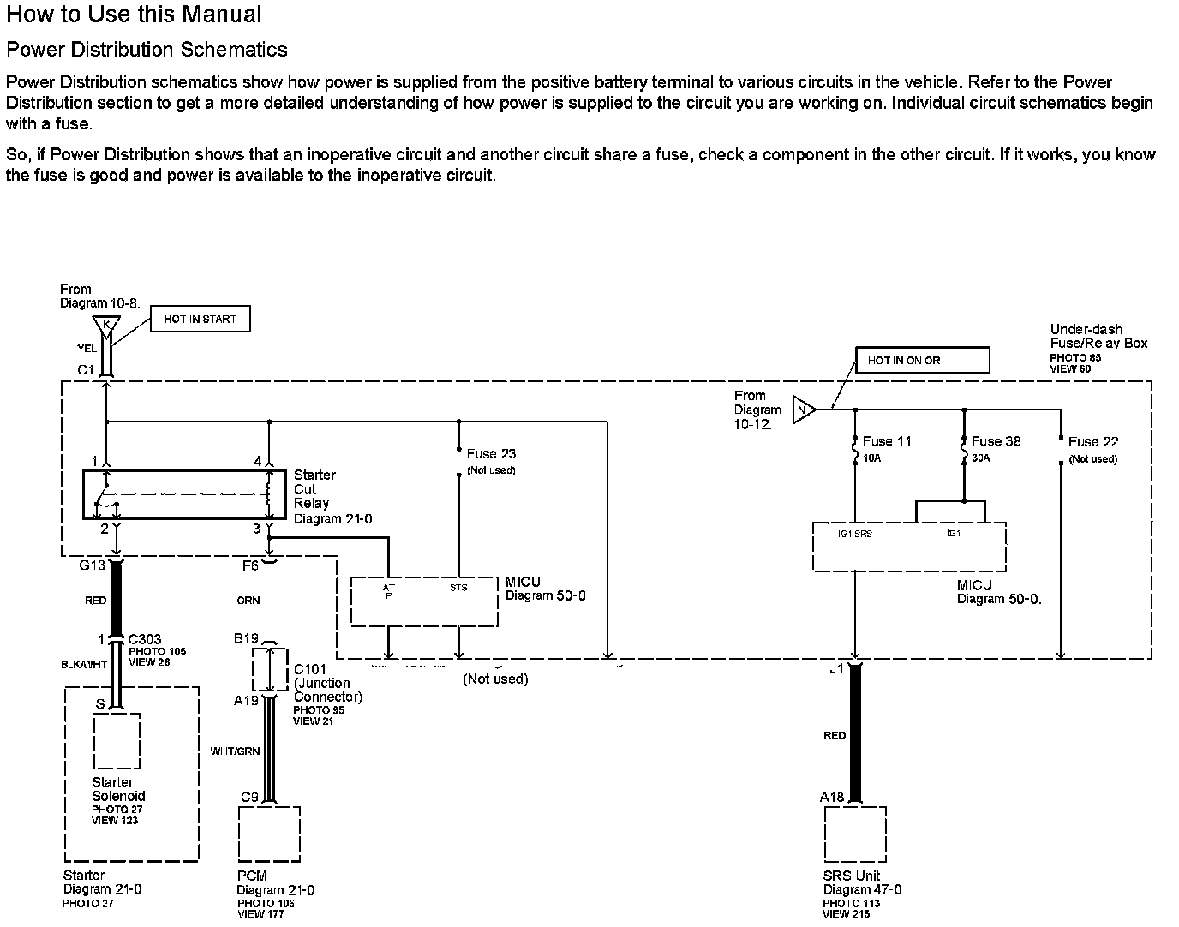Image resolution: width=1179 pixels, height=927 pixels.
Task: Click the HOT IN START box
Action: pos(200,320)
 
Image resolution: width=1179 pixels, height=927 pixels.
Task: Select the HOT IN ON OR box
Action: pos(922,360)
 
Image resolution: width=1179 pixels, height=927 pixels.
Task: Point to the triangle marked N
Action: pos(802,410)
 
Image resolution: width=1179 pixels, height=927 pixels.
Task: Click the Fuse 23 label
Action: pos(491,454)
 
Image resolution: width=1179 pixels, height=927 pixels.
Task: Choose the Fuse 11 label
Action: pos(886,442)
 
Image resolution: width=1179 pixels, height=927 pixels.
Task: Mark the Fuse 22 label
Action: pos(1092,442)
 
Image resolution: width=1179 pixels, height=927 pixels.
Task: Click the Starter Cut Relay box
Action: pos(184,494)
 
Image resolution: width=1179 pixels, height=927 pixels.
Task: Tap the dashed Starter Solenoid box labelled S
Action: pos(117,740)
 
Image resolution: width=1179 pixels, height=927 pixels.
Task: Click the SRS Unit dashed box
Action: pos(855,834)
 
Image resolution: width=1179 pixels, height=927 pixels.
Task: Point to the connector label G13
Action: pos(92,565)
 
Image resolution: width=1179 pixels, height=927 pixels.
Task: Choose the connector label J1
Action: pos(836,668)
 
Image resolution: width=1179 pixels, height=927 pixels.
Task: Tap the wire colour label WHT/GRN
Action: pos(235,751)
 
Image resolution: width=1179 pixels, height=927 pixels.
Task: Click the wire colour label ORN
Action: pos(248,601)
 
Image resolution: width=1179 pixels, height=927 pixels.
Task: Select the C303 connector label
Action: pos(145,639)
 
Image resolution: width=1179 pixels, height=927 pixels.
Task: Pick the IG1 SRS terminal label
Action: pos(854,534)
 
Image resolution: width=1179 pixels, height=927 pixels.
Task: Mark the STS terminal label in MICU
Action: pos(458,588)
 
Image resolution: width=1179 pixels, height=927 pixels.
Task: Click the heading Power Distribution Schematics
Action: pos(147,50)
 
